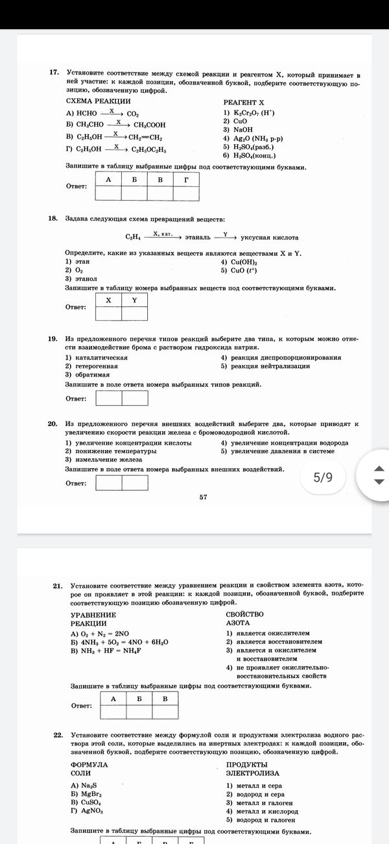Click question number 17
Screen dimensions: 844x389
click(54, 75)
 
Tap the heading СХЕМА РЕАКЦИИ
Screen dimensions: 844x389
click(99, 101)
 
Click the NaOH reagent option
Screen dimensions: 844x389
click(238, 129)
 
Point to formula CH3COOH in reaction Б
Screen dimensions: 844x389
click(150, 125)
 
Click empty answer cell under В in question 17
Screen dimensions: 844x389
click(160, 193)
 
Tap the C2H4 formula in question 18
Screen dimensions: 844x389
click(133, 238)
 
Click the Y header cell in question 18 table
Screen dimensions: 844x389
click(134, 300)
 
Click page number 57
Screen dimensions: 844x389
click(203, 497)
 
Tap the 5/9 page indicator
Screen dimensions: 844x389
click(322, 477)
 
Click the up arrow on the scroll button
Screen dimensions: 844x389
click(380, 469)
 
